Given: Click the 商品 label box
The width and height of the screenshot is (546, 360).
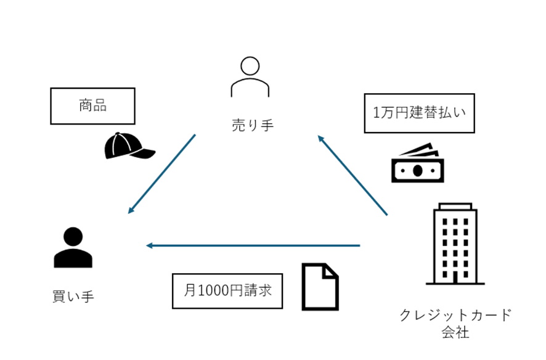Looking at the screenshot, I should [92, 105].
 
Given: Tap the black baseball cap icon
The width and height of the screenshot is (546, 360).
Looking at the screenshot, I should [128, 146].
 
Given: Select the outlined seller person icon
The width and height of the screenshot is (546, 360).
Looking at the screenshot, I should [250, 77].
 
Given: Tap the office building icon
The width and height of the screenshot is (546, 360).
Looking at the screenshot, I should [455, 243].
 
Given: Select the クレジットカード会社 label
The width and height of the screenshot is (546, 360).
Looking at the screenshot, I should [455, 324].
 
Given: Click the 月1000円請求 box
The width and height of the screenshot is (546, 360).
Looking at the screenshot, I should [227, 291].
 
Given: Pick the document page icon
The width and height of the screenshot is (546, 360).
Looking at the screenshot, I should [320, 287].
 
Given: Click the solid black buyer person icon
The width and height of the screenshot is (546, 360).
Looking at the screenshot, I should [73, 248].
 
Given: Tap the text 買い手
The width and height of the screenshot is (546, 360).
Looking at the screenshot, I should [73, 297].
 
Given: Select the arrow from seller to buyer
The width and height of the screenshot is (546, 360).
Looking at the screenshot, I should [161, 174].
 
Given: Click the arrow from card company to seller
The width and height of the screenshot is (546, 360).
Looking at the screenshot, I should [352, 176].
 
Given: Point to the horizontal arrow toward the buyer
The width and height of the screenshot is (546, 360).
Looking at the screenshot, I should [253, 245].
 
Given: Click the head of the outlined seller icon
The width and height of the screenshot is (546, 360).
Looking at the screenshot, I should [250, 66].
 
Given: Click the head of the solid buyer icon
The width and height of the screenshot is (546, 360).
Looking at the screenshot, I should [73, 237].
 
